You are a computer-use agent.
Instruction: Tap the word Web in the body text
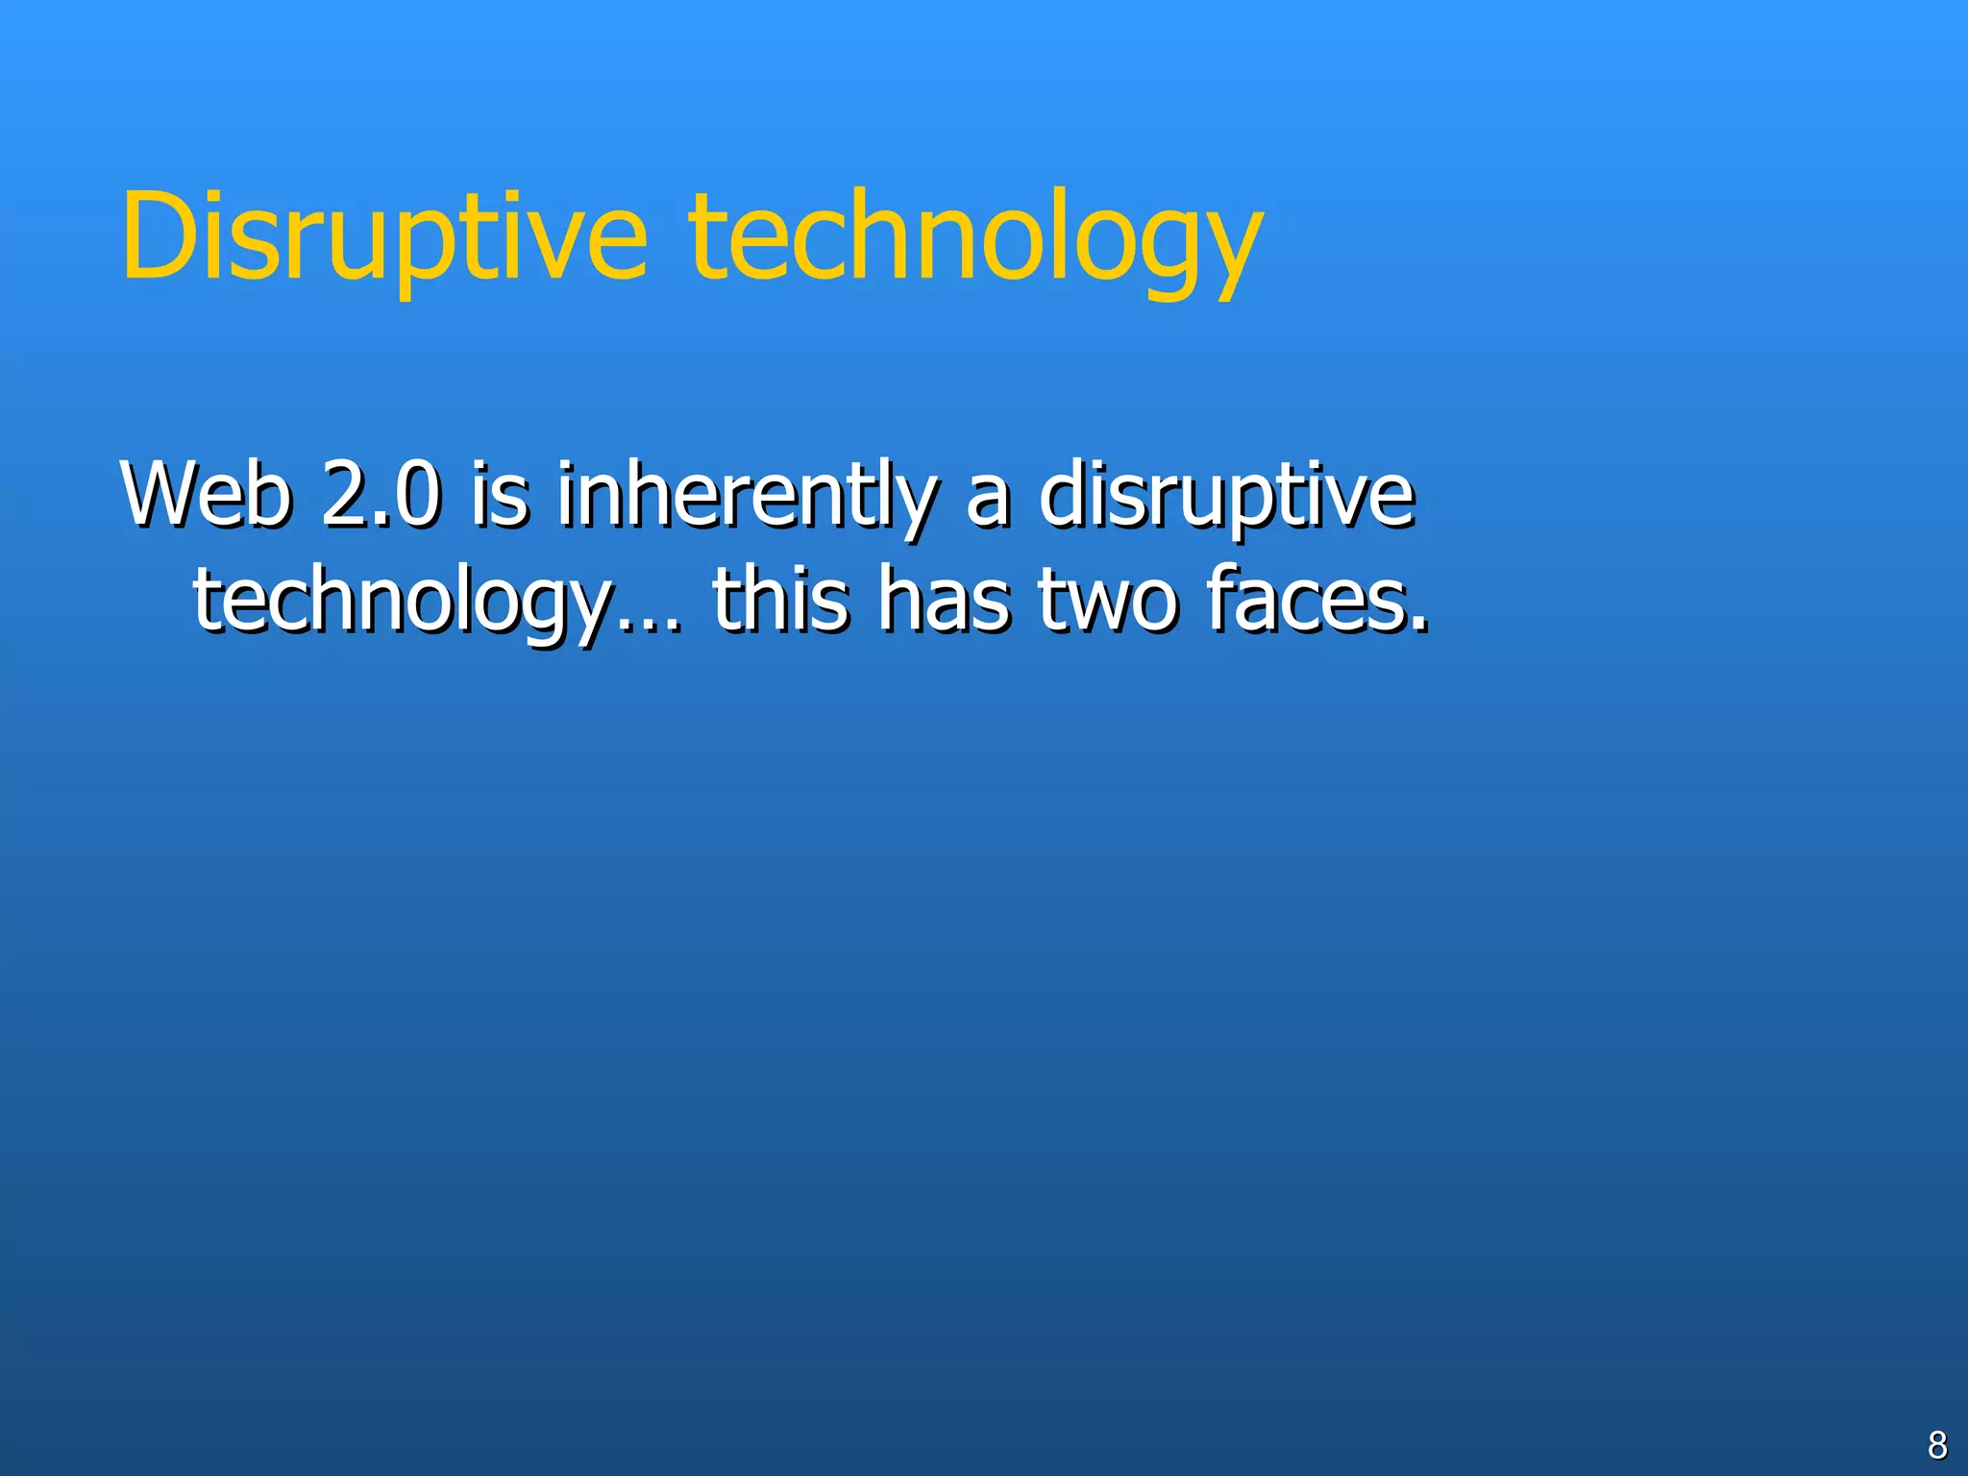pyautogui.click(x=206, y=495)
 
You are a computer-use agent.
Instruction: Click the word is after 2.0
pyautogui.click(x=499, y=495)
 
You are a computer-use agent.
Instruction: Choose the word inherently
pyautogui.click(x=745, y=495)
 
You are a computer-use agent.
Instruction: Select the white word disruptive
pyautogui.click(x=1227, y=495)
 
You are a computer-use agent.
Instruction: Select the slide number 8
pyautogui.click(x=1937, y=1444)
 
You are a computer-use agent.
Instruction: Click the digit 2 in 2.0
pyautogui.click(x=340, y=495)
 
